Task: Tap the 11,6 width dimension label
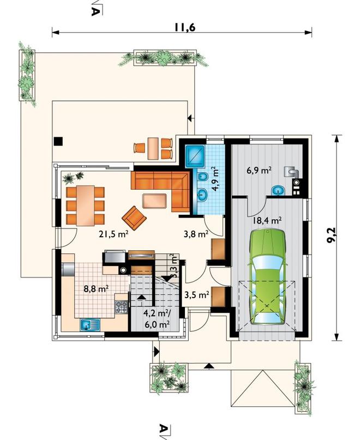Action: [184, 27]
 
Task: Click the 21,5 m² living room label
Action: [113, 234]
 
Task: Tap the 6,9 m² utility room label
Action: [259, 170]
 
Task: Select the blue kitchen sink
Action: [90, 326]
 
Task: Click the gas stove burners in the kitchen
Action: [121, 307]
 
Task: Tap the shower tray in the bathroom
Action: [196, 154]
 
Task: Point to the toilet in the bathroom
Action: [202, 177]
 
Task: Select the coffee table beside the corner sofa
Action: [154, 201]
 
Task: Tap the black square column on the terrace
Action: [58, 141]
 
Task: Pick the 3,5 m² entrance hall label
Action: [197, 294]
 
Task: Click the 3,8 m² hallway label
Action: [196, 233]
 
